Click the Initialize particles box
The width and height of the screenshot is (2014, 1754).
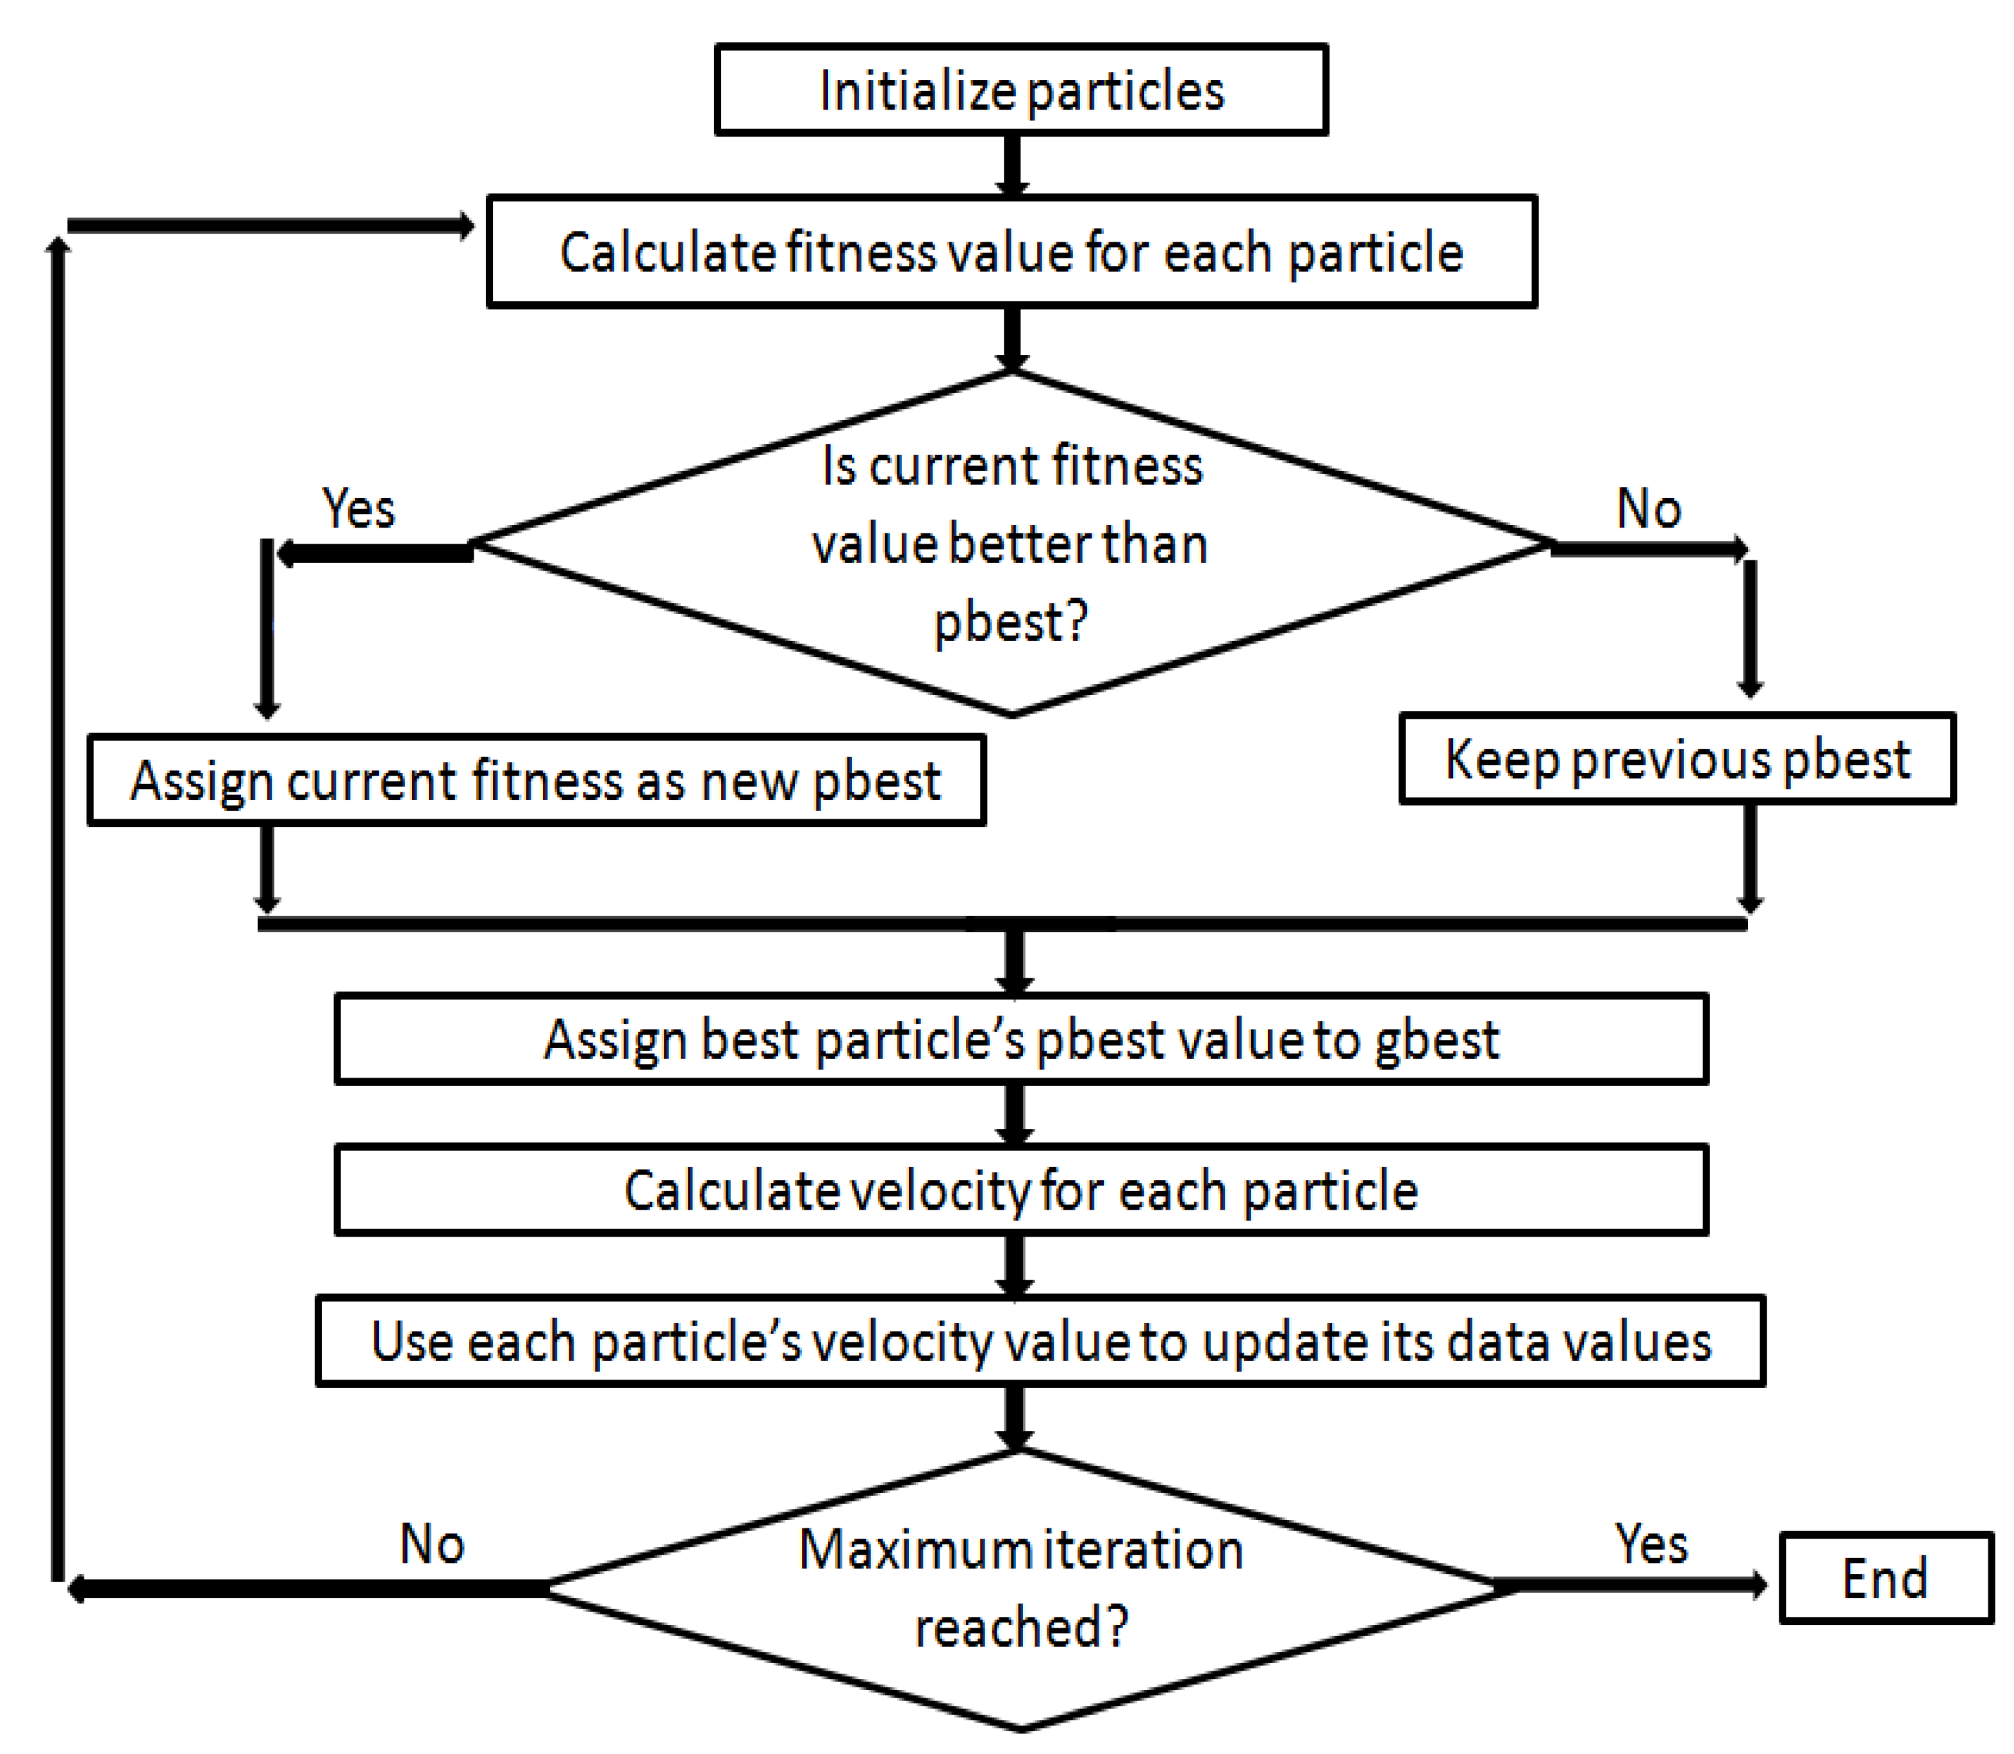(1020, 90)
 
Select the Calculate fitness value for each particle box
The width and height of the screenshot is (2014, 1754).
(1011, 253)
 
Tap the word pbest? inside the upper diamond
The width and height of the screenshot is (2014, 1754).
(1010, 622)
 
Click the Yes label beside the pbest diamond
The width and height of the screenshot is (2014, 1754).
(358, 509)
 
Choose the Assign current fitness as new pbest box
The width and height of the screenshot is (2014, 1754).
(537, 781)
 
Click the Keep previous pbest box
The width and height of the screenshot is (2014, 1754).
(1676, 760)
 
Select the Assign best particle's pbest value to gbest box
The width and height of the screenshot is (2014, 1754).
(1020, 1039)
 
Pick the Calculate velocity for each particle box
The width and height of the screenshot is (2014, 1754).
(1020, 1190)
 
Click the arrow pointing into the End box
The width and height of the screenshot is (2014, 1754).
(1635, 1583)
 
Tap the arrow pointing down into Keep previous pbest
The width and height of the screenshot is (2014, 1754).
(1750, 626)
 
